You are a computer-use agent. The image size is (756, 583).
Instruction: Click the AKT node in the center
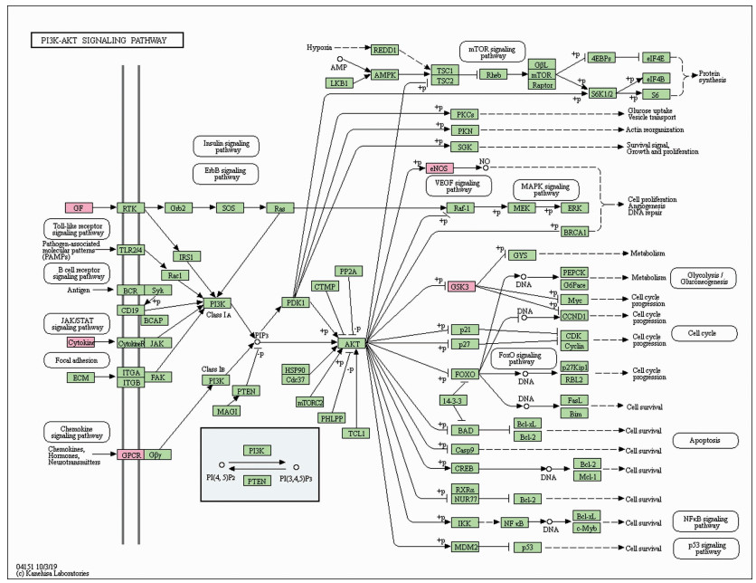(x=351, y=345)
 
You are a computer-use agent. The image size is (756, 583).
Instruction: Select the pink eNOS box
(x=439, y=167)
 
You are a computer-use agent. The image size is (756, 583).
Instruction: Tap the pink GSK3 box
(x=461, y=287)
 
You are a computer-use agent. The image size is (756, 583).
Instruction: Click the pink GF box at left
(x=80, y=208)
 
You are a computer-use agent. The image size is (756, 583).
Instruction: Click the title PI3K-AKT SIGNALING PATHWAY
(x=107, y=40)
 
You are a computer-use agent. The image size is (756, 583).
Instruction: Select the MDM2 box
(x=466, y=547)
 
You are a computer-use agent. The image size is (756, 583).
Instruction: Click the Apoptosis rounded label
(x=702, y=441)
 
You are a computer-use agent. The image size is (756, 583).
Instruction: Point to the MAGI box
(x=227, y=410)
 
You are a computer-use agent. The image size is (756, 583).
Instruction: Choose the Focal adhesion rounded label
(x=76, y=359)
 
